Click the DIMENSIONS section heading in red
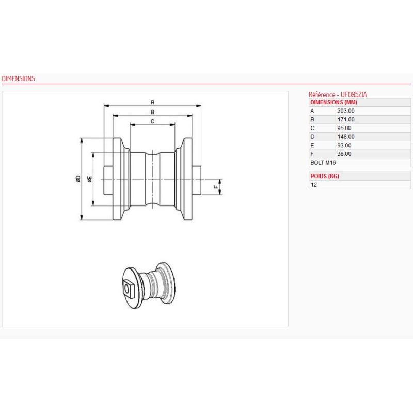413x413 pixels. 18,79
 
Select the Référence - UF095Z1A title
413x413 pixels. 338,94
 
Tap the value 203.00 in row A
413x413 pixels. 345,111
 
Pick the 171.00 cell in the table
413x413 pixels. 345,120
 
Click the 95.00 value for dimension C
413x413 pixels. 344,128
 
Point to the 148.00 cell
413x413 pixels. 345,137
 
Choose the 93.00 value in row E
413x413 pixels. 344,146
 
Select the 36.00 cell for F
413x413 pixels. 344,154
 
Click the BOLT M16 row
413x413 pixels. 323,163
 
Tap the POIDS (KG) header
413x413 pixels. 325,176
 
